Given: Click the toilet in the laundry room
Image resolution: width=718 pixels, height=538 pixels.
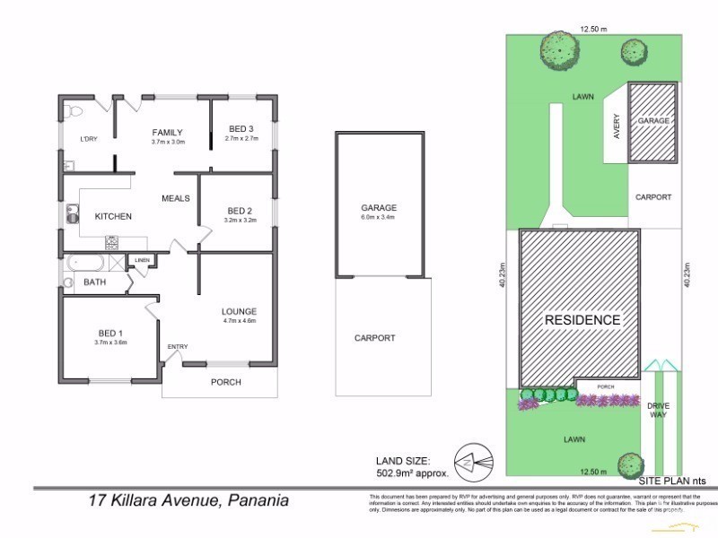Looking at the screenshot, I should click(x=74, y=112).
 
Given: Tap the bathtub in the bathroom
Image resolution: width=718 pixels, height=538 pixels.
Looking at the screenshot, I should click(x=85, y=263).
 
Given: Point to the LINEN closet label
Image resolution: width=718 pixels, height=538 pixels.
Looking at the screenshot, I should click(x=142, y=261).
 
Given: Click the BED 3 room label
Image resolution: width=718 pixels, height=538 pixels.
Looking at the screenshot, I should click(x=241, y=128).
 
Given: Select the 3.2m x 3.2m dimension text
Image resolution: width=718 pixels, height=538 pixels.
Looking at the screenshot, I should click(x=241, y=220).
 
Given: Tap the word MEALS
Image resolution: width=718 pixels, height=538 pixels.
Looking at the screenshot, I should click(x=176, y=198).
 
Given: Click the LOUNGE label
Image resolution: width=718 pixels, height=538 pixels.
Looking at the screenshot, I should click(x=239, y=311).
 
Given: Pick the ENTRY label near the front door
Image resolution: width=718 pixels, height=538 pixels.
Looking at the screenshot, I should click(x=178, y=347).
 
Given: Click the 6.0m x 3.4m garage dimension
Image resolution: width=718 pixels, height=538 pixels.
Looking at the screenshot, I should click(x=378, y=217).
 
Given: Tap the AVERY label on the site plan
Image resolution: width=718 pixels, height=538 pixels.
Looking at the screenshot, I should click(x=616, y=126).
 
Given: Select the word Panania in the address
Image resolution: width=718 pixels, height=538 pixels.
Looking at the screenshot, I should click(x=259, y=500).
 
